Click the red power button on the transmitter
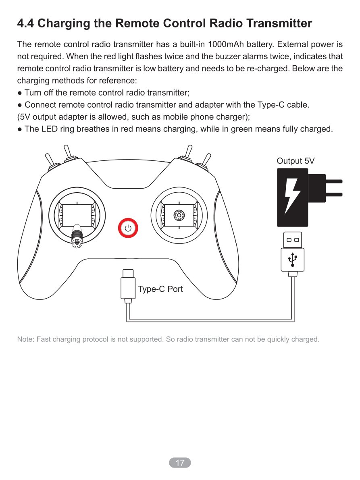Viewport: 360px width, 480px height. click(x=128, y=228)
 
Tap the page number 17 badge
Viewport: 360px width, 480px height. click(x=180, y=463)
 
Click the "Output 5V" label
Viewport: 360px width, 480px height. click(x=295, y=161)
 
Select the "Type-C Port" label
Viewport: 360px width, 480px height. click(x=160, y=289)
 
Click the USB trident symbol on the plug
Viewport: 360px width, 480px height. click(x=293, y=260)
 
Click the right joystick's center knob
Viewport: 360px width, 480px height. click(x=179, y=216)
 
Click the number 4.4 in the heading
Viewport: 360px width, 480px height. click(x=25, y=23)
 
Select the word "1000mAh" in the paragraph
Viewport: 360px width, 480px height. click(x=226, y=44)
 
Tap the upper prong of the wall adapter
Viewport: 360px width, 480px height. click(x=334, y=181)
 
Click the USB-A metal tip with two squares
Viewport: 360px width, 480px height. click(x=293, y=240)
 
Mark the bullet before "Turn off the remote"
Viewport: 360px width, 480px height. click(x=20, y=93)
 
